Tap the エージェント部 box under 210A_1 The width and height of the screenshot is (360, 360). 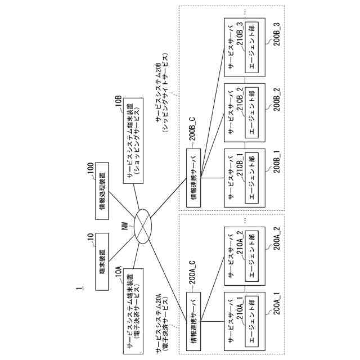tap(251, 318)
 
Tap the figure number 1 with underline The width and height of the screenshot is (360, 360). tap(82, 293)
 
